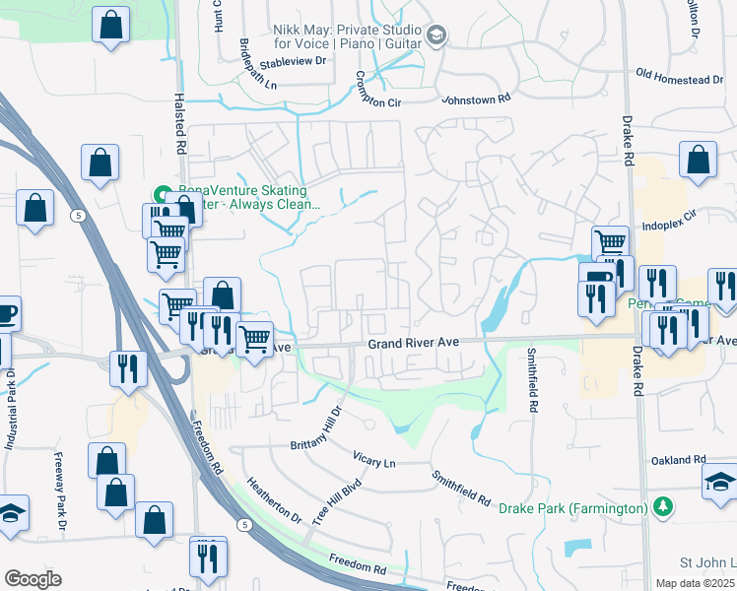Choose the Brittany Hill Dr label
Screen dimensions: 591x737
[x=316, y=430]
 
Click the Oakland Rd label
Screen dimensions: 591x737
[x=678, y=460]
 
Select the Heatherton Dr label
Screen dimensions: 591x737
[x=274, y=499]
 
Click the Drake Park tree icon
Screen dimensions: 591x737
[x=665, y=507]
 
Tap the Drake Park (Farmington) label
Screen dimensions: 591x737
[x=572, y=508]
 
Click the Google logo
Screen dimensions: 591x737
[x=33, y=579]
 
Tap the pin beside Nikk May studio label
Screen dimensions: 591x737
[x=435, y=37]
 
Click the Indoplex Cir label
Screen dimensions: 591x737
[x=669, y=212]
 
